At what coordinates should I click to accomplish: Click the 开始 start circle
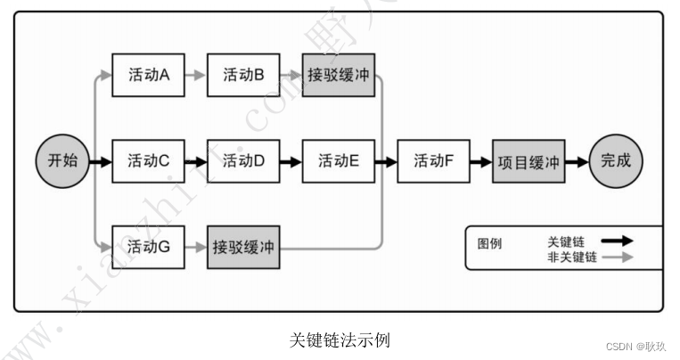click(62, 161)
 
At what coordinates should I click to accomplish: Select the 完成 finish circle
click(615, 161)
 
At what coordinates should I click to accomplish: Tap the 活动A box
click(148, 76)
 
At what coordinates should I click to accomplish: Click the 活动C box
click(148, 161)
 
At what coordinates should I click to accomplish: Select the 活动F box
click(434, 161)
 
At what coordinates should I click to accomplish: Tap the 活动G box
click(148, 247)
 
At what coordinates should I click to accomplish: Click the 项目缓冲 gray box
click(529, 161)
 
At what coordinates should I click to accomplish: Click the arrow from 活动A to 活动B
click(195, 76)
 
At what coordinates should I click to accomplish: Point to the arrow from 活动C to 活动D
click(195, 161)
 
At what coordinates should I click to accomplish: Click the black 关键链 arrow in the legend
click(616, 241)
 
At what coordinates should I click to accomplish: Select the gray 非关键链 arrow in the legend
click(616, 257)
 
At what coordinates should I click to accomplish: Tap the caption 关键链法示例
click(340, 340)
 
